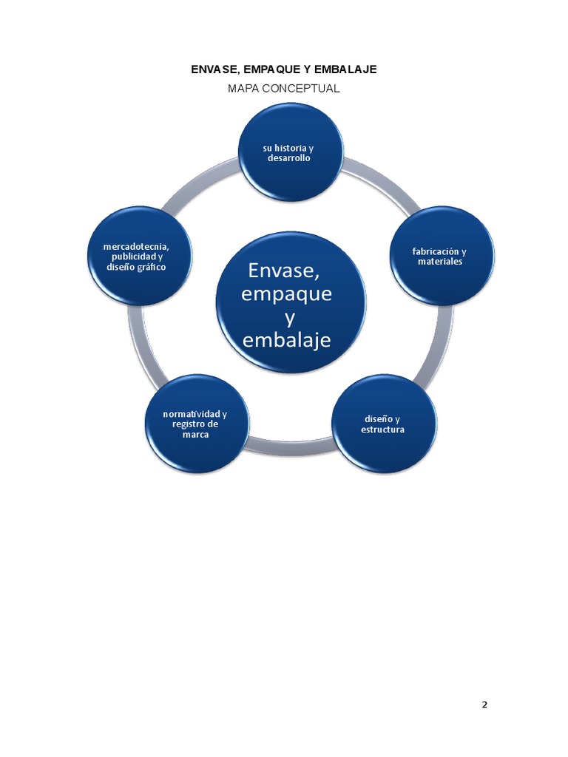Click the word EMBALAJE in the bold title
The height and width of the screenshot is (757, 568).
[345, 69]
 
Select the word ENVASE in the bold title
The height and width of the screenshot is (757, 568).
[214, 69]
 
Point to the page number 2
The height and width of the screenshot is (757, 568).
[484, 705]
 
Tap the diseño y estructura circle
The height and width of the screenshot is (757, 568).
[384, 424]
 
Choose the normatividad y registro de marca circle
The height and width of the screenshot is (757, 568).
[197, 424]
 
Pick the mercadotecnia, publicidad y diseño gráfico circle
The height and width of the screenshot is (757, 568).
[139, 255]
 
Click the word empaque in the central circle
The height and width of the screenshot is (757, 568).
[286, 293]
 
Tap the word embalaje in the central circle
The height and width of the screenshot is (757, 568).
[286, 339]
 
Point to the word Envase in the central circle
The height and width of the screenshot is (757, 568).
[284, 271]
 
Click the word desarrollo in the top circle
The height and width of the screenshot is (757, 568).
[289, 158]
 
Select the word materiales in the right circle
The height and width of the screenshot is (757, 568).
[440, 262]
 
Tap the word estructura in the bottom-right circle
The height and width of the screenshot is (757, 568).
[382, 430]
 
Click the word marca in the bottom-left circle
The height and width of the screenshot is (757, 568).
[195, 435]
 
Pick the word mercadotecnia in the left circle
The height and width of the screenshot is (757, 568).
[136, 247]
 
